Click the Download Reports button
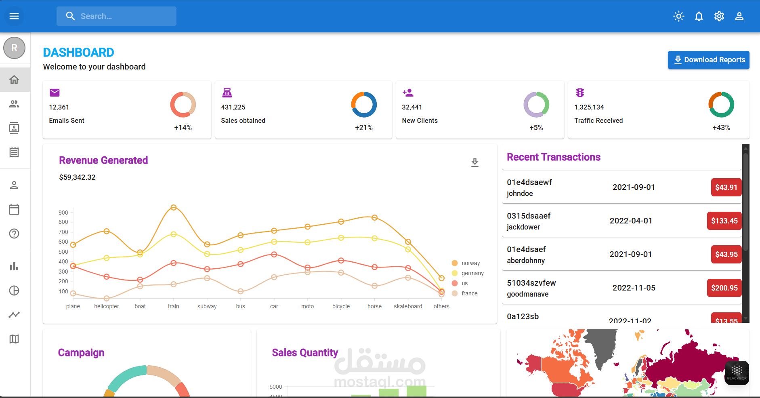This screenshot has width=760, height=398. (708, 60)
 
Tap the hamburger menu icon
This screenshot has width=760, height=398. (14, 16)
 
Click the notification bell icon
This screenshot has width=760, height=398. (699, 16)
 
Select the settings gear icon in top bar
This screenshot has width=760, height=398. (719, 16)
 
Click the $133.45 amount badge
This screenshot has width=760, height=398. (724, 221)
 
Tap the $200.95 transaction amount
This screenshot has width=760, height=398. (724, 288)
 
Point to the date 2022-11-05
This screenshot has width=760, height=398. (634, 288)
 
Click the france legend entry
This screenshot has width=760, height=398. (469, 293)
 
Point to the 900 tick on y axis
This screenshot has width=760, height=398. (63, 213)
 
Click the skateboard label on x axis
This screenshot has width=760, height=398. (408, 307)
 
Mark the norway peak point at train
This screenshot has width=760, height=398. (174, 207)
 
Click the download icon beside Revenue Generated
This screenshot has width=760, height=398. (475, 162)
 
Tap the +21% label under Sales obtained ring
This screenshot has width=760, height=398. (363, 128)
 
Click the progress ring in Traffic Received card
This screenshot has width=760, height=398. (721, 105)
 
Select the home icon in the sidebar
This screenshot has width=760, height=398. (14, 80)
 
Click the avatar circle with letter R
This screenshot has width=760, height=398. (14, 48)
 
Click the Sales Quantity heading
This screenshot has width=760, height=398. (305, 353)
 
